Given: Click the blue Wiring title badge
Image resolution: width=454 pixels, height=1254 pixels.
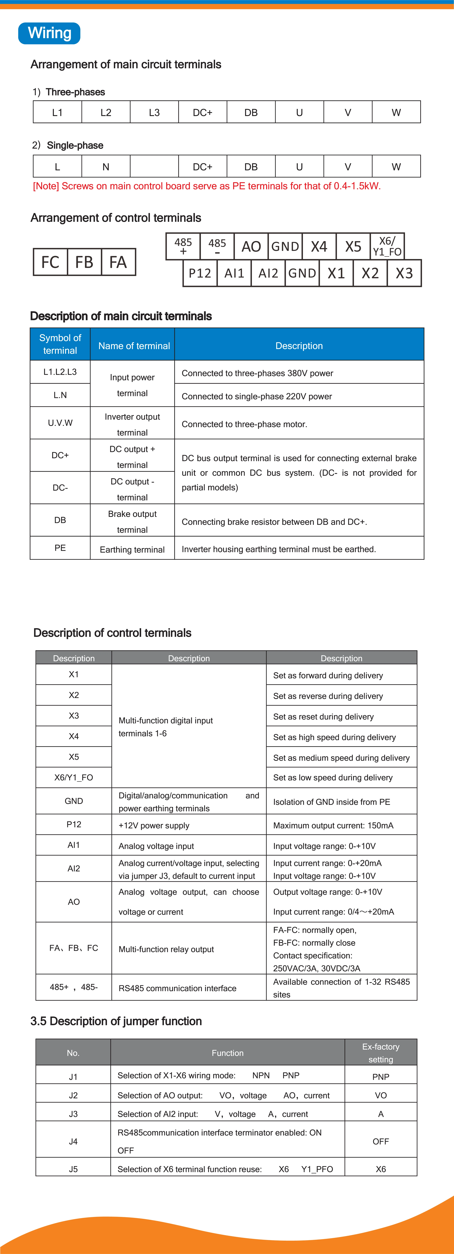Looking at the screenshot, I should (49, 33).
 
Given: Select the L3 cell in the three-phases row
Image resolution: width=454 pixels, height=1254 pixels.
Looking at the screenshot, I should (154, 112).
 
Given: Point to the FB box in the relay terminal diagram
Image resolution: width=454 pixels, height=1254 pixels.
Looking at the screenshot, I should (84, 262).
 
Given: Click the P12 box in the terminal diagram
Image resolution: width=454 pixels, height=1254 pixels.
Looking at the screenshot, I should (200, 273).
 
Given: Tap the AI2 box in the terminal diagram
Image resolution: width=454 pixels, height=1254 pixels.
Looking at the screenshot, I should (268, 273).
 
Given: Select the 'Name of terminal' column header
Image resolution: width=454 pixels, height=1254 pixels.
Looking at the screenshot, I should (134, 346).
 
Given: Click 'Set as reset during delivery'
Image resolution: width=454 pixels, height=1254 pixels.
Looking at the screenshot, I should (324, 717).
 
